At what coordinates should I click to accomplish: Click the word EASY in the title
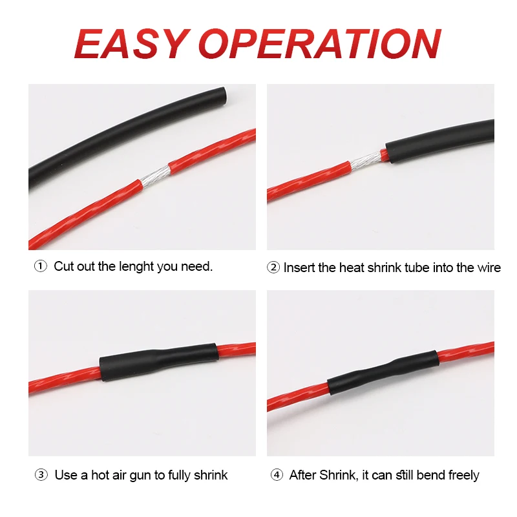[x=132, y=43]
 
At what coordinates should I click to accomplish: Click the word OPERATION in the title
[x=320, y=43]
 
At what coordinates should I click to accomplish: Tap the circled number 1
[x=41, y=266]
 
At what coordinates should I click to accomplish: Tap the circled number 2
[x=273, y=268]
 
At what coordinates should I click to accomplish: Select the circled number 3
[x=41, y=475]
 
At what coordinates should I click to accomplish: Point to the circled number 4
[x=277, y=475]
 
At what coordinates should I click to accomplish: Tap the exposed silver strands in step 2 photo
[x=365, y=160]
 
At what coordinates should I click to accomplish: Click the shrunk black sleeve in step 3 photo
[x=159, y=362]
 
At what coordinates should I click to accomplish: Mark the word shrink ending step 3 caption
[x=211, y=475]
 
